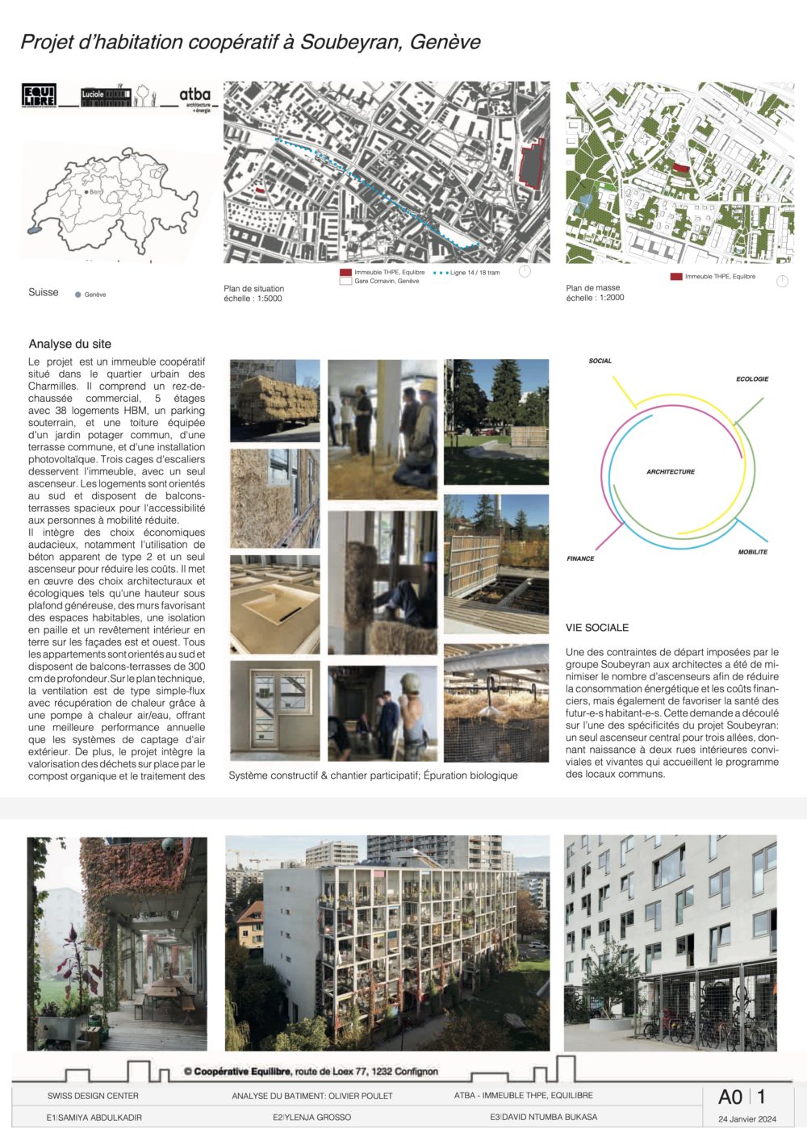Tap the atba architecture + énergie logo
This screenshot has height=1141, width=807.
point(195,98)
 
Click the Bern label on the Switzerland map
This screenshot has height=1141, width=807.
point(95,193)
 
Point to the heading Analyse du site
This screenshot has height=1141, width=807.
point(70,344)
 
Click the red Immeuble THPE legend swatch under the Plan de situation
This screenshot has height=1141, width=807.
point(346,273)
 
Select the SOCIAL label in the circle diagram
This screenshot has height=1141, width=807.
point(600,361)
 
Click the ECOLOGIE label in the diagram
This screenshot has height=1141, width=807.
point(752,378)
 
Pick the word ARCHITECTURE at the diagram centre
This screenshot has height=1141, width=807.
point(671,471)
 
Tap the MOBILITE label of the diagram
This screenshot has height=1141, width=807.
point(753,552)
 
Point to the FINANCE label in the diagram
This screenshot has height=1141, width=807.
point(580,558)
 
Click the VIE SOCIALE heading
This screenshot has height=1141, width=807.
point(597,627)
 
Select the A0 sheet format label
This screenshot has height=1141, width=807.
point(730,1097)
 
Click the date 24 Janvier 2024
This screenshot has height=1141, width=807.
point(747,1119)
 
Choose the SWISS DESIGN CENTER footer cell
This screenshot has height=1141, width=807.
point(93,1096)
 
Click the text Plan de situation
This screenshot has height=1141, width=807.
point(254,288)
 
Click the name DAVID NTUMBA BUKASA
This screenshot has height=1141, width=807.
point(549,1117)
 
